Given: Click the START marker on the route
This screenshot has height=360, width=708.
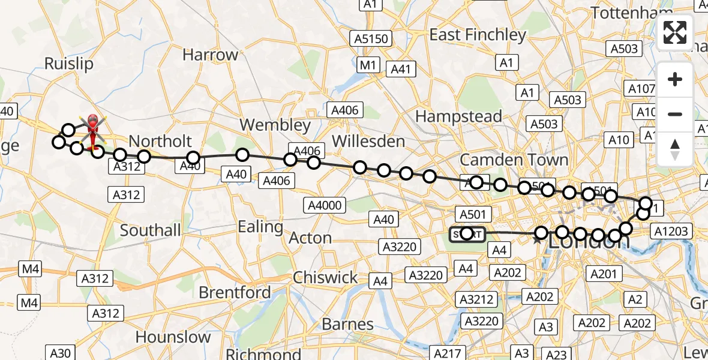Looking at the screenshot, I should click(467, 233).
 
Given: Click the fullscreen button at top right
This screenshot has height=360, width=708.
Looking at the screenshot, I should click(675, 32).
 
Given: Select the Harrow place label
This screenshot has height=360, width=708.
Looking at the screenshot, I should click(210, 55).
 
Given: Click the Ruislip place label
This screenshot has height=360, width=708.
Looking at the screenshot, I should click(69, 64).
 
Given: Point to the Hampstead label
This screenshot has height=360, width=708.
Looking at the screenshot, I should click(458, 116).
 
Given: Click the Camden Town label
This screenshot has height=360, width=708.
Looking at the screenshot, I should click(514, 160).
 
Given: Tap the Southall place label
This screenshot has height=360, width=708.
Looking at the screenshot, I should click(150, 230).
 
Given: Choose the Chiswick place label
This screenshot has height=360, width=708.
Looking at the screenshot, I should click(325, 277).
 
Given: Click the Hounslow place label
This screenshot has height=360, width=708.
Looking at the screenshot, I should click(173, 337).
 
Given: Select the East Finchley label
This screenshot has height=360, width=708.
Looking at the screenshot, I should click(478, 35).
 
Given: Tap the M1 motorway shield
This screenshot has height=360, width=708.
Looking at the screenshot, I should click(366, 64).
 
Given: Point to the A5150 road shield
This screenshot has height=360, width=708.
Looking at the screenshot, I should click(372, 39).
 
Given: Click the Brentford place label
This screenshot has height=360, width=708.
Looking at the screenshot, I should click(235, 292).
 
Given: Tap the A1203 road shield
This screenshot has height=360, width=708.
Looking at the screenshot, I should click(672, 231).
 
